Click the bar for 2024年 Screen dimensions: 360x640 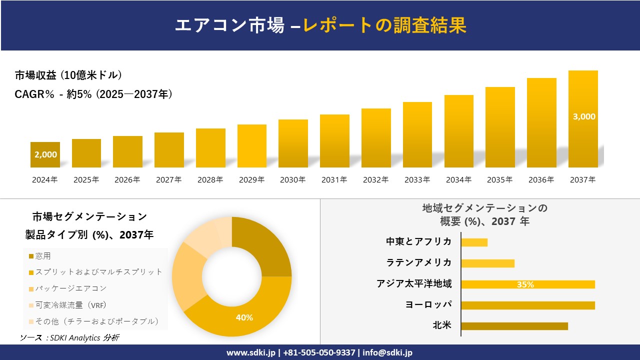[x=45, y=155]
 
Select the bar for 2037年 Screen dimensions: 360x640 [x=583, y=120]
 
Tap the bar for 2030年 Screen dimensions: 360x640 [x=293, y=143]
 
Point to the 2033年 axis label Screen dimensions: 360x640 [x=417, y=180]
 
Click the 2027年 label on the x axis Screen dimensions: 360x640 [x=168, y=180]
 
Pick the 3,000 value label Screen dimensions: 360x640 [x=583, y=116]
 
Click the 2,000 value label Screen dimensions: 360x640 [x=45, y=155]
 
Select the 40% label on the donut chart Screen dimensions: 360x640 [x=244, y=317]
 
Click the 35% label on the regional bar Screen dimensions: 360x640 [x=525, y=284]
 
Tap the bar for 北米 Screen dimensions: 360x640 [x=514, y=326]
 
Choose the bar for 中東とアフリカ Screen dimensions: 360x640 [x=474, y=242]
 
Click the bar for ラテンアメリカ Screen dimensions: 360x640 [x=487, y=263]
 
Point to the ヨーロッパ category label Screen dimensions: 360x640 [x=428, y=304]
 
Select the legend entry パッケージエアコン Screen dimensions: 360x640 [x=70, y=288]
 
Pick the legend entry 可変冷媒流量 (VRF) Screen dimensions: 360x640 [x=70, y=305]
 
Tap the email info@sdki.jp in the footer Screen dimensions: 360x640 [x=387, y=352]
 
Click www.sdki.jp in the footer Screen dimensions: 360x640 [x=250, y=352]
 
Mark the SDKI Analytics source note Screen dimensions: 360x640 [x=69, y=337]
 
